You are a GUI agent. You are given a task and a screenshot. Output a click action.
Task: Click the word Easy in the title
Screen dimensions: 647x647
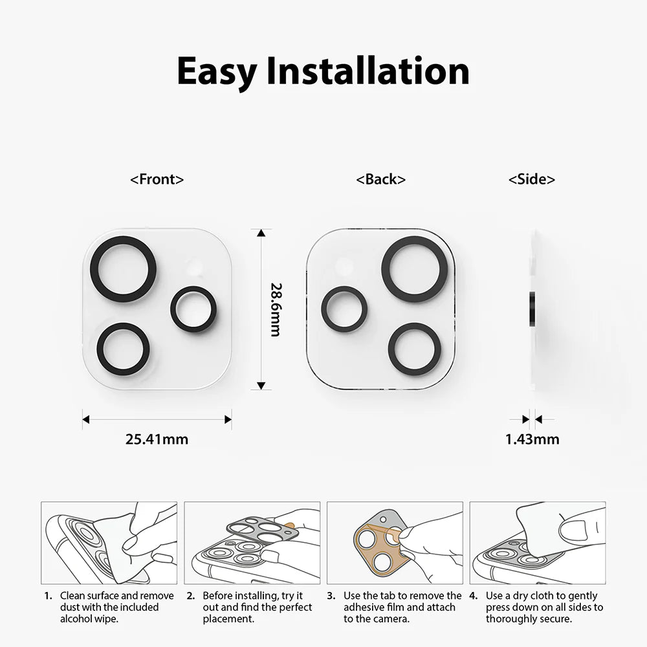(x=217, y=71)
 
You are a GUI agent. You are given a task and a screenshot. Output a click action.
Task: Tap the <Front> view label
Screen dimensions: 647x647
(x=157, y=179)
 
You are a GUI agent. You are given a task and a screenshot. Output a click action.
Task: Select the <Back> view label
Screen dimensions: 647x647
(x=381, y=179)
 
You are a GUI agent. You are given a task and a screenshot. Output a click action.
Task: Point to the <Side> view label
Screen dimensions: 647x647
(x=532, y=179)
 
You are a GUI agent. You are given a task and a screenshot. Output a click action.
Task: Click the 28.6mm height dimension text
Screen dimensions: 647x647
(x=275, y=309)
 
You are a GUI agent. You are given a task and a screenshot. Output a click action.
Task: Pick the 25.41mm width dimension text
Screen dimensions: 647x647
(x=157, y=439)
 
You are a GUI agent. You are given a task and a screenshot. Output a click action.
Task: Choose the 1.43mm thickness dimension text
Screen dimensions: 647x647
(x=532, y=439)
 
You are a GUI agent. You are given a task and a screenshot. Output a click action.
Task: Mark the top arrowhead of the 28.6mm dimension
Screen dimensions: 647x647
(x=260, y=234)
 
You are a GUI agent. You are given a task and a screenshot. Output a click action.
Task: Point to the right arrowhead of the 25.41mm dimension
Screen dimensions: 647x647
(x=228, y=419)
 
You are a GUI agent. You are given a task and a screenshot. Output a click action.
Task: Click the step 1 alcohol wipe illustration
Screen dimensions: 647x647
(x=109, y=543)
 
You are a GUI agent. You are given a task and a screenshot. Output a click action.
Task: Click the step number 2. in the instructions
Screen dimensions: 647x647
(x=190, y=596)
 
